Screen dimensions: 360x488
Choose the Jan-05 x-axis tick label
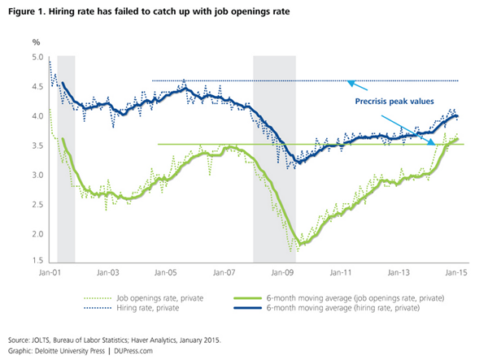pyautogui.click(x=166, y=274)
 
